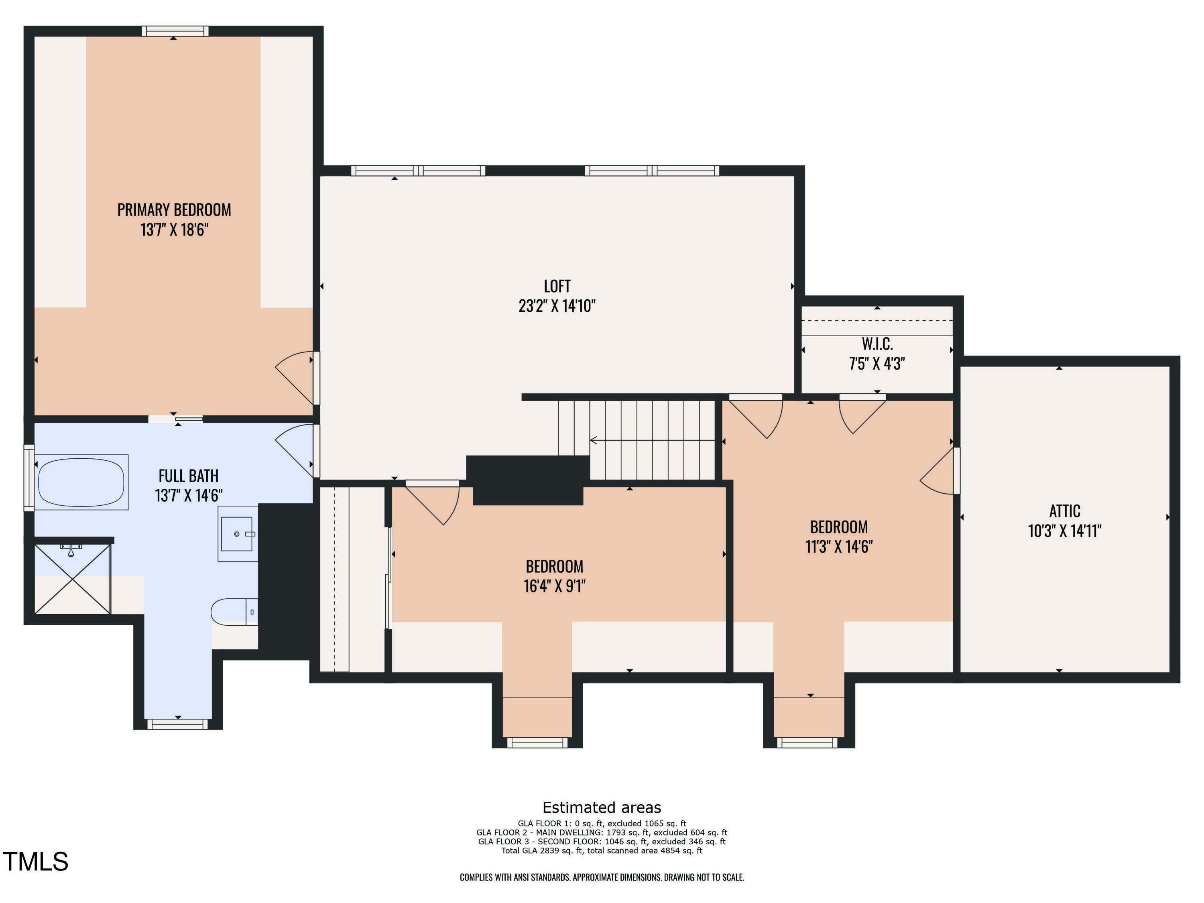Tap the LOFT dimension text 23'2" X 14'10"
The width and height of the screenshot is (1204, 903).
(557, 306)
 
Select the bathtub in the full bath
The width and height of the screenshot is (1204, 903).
(81, 482)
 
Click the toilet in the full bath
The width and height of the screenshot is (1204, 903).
(234, 612)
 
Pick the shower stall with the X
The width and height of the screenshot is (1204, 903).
(72, 579)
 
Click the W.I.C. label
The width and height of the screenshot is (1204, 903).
(877, 344)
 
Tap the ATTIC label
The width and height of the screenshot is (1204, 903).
(1065, 511)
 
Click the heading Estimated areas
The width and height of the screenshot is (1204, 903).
(602, 807)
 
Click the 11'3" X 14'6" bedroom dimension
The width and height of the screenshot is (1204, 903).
(839, 547)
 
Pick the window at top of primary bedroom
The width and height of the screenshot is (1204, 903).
(175, 31)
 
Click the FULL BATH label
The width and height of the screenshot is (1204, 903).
(188, 476)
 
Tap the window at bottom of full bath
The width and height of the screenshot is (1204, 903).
(178, 724)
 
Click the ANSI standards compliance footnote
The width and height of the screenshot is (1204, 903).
(602, 877)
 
